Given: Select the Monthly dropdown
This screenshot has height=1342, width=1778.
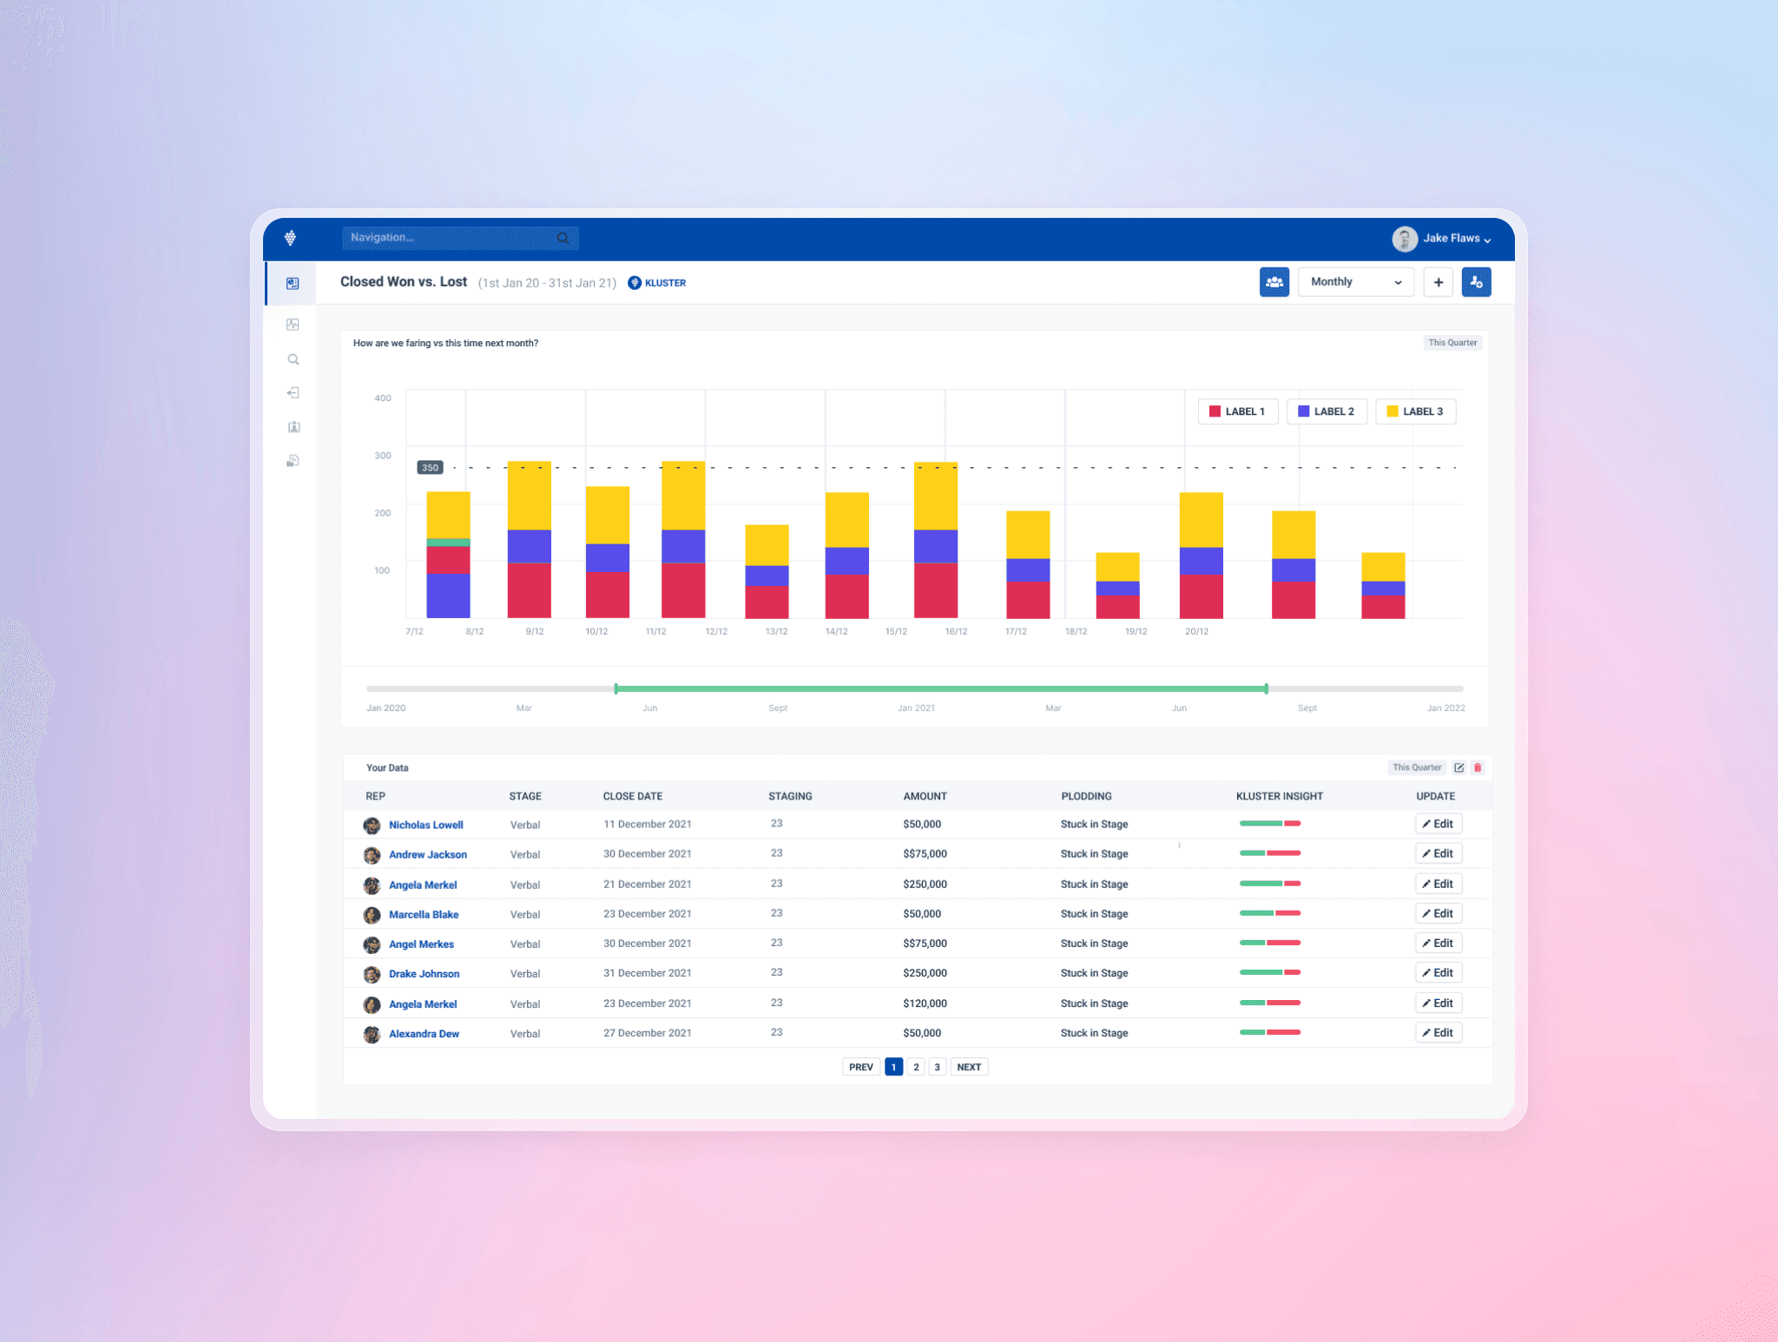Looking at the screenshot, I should click(x=1355, y=282).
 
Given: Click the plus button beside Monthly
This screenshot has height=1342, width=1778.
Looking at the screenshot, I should click(x=1439, y=282).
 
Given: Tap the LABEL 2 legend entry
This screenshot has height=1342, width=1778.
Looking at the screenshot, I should click(x=1327, y=411).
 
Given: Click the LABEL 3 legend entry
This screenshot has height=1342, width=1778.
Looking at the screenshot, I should click(x=1415, y=411).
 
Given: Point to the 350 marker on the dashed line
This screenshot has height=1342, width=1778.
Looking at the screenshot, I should click(x=430, y=468).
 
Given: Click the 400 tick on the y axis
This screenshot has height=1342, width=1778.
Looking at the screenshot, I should click(x=383, y=398).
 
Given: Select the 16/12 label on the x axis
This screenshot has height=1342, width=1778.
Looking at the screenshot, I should click(x=956, y=632).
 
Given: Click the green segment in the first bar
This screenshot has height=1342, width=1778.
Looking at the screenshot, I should click(x=448, y=543).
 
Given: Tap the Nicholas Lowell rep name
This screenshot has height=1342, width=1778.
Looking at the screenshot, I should click(x=425, y=826).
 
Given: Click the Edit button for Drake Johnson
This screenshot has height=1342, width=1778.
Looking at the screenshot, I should click(x=1439, y=973).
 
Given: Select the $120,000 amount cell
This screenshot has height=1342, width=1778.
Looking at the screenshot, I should click(x=925, y=1003).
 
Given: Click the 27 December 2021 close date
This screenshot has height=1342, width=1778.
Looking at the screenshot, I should click(x=648, y=1033).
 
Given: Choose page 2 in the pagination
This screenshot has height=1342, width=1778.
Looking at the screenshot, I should click(x=916, y=1068).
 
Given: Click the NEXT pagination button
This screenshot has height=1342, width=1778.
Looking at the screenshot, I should click(x=969, y=1068).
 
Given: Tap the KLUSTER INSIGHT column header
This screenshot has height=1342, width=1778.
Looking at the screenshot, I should click(x=1279, y=797).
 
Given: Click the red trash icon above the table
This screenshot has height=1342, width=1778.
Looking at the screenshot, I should click(x=1478, y=768).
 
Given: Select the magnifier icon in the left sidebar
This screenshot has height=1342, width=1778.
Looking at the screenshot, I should click(x=293, y=359).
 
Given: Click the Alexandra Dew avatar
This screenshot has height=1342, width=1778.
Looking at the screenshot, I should click(x=372, y=1034).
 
